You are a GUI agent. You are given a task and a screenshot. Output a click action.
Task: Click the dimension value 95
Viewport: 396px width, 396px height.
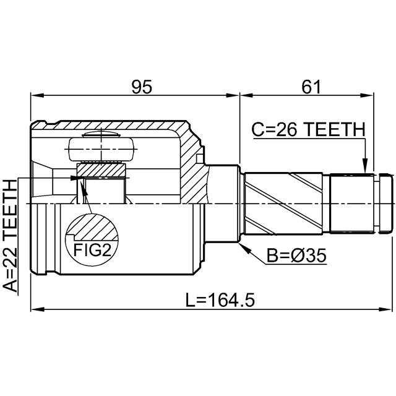click(142, 87)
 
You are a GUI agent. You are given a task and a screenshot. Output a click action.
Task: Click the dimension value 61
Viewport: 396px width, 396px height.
click(311, 87)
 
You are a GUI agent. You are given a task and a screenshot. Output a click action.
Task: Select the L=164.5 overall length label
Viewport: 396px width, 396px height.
click(220, 300)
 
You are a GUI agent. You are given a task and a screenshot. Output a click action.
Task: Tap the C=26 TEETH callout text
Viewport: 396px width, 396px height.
click(308, 129)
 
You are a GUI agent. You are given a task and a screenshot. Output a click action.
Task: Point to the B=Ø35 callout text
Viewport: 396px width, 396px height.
click(296, 256)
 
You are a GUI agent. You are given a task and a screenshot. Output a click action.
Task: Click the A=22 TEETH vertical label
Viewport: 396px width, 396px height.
click(10, 236)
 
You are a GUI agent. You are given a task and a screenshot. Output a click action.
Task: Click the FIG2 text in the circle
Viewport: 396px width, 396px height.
click(92, 250)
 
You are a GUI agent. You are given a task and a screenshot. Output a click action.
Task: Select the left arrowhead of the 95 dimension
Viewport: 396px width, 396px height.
click(37, 95)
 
